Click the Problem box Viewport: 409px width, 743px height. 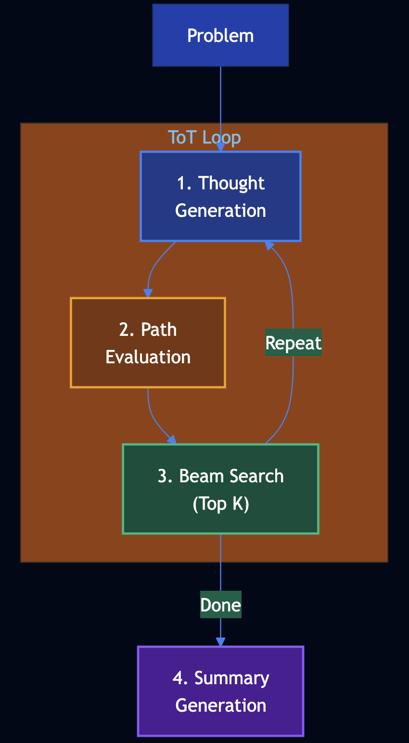pyautogui.click(x=220, y=35)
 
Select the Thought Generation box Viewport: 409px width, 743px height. pyautogui.click(x=220, y=196)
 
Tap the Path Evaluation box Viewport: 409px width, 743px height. pyautogui.click(x=148, y=343)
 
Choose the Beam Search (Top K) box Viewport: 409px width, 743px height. pyautogui.click(x=220, y=489)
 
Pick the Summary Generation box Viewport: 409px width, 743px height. pyautogui.click(x=220, y=691)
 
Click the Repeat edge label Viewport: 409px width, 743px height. pyautogui.click(x=294, y=343)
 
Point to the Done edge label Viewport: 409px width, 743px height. pyautogui.click(x=220, y=605)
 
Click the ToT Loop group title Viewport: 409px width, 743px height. pyautogui.click(x=204, y=137)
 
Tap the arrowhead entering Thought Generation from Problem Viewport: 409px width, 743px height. pyautogui.click(x=220, y=147)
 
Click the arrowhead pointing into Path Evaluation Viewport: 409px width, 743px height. pyautogui.click(x=148, y=293)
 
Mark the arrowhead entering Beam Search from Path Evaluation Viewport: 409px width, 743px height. pyautogui.click(x=172, y=439)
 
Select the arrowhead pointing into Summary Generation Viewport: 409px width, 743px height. pyautogui.click(x=220, y=642)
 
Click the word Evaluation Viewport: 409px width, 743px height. pyautogui.click(x=148, y=357)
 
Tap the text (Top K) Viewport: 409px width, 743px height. pyautogui.click(x=220, y=504)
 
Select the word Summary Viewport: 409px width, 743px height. pyautogui.click(x=231, y=678)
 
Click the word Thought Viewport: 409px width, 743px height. pyautogui.click(x=231, y=183)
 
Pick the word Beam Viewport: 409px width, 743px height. pyautogui.click(x=201, y=476)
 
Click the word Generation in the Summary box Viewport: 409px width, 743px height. pyautogui.click(x=220, y=705)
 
